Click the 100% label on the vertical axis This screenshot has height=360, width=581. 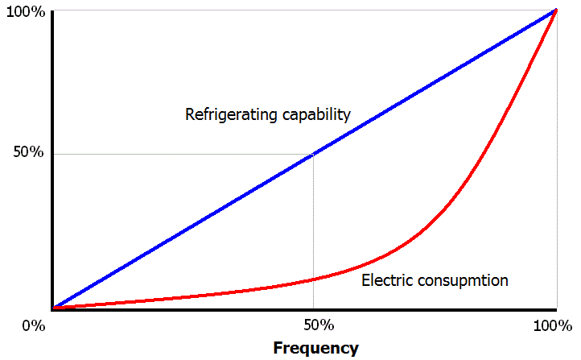tap(26, 12)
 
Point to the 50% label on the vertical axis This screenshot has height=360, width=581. tap(28, 152)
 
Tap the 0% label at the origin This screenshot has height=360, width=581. tap(34, 326)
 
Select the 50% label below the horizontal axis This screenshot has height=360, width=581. tap(319, 325)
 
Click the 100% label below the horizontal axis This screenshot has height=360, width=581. tap(553, 326)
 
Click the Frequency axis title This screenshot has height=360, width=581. tap(315, 349)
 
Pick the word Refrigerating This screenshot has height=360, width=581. tap(231, 114)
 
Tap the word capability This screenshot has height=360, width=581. tap(316, 114)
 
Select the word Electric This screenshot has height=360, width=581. tap(387, 280)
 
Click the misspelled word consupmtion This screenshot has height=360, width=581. tap(463, 280)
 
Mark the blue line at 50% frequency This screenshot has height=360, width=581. tap(314, 154)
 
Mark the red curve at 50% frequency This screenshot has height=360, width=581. tap(314, 279)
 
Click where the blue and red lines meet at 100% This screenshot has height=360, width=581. tap(555, 10)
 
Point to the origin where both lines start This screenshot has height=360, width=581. tap(54, 308)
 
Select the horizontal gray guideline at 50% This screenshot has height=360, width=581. tap(183, 155)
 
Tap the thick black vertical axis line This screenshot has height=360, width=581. tap(52, 160)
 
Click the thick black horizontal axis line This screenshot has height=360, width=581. tap(304, 309)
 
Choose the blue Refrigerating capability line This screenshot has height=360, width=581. tap(304, 159)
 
